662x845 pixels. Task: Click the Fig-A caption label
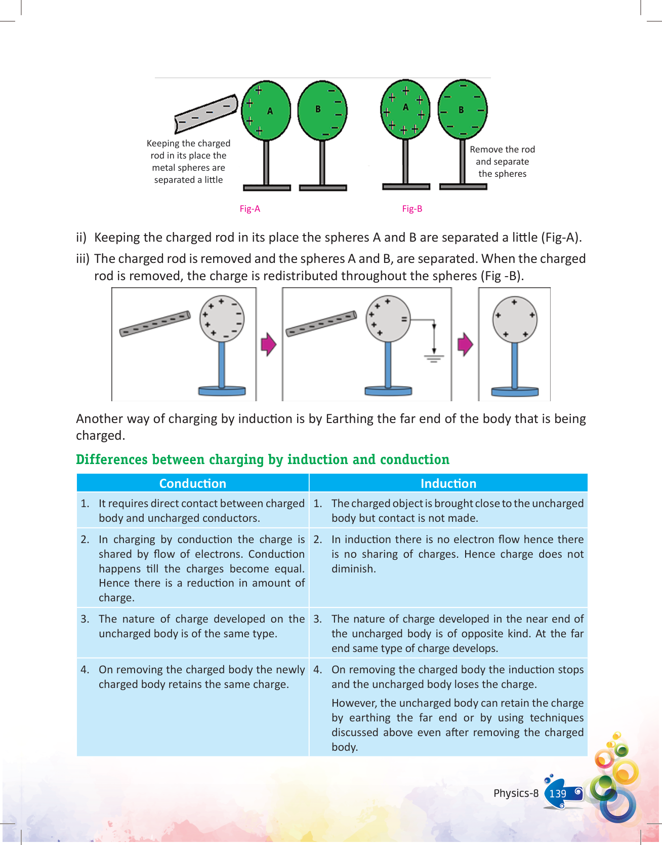click(250, 209)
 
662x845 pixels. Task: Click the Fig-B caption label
click(412, 209)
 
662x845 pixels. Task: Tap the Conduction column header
click(192, 483)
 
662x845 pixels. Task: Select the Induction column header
click(448, 483)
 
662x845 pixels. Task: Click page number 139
click(558, 793)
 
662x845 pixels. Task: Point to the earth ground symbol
click(434, 358)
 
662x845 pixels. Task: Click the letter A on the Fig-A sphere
click(270, 111)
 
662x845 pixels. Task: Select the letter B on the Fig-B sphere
click(461, 109)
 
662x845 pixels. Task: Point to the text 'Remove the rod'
click(502, 149)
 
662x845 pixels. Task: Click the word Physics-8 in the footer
click(516, 793)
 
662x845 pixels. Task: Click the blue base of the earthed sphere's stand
click(388, 391)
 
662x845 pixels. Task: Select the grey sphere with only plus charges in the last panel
click(515, 320)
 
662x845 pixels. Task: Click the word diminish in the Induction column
click(353, 569)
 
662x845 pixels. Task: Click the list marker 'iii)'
click(82, 259)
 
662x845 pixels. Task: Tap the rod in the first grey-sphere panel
click(155, 324)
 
